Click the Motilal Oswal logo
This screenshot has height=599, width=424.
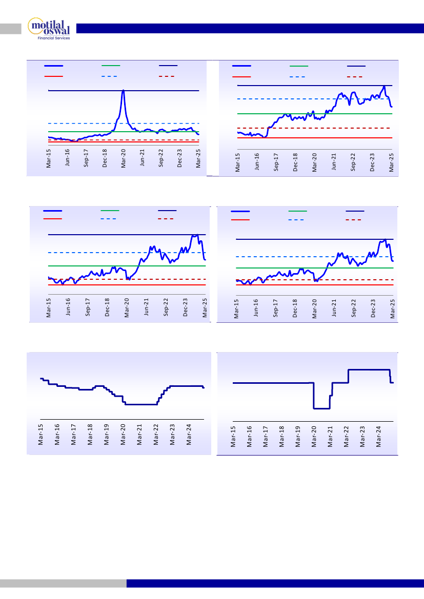click(x=50, y=29)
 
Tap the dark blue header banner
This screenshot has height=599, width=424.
click(x=246, y=28)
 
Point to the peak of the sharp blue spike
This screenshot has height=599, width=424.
click(x=123, y=90)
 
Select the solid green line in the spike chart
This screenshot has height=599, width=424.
click(x=154, y=132)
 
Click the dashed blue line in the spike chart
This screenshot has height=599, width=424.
click(x=154, y=123)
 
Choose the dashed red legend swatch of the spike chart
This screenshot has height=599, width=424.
click(x=168, y=76)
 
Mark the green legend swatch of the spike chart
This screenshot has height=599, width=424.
click(x=111, y=66)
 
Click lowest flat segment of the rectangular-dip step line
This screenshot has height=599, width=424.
click(x=321, y=408)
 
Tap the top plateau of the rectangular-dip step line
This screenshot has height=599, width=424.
click(x=369, y=369)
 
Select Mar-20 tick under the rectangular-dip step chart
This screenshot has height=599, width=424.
click(x=314, y=437)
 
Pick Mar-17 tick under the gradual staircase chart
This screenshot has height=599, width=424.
click(x=73, y=433)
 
